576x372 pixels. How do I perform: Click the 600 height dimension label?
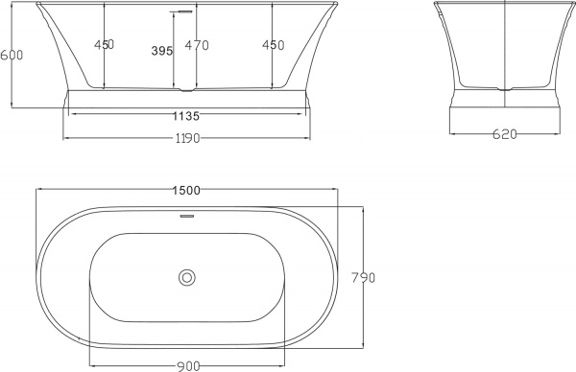(10, 56)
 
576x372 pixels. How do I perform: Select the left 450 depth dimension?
(105, 44)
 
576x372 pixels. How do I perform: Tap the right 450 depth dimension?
(274, 44)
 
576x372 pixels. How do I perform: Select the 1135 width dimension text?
(186, 116)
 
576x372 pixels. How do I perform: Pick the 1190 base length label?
(186, 139)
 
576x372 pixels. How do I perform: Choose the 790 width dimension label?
(364, 278)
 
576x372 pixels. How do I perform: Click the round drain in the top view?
(187, 279)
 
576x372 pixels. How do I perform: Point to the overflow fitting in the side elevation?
(177, 12)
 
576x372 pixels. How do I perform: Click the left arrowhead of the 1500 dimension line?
(39, 190)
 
